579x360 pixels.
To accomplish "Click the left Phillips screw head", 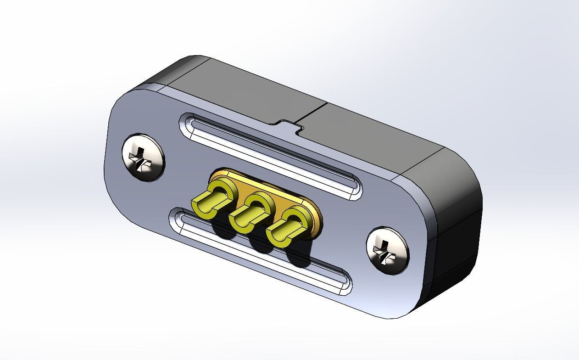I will [143, 157].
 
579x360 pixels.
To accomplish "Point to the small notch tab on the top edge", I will [289, 125].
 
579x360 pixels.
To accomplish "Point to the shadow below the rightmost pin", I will [301, 257].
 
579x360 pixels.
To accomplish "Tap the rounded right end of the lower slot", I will [345, 282].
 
